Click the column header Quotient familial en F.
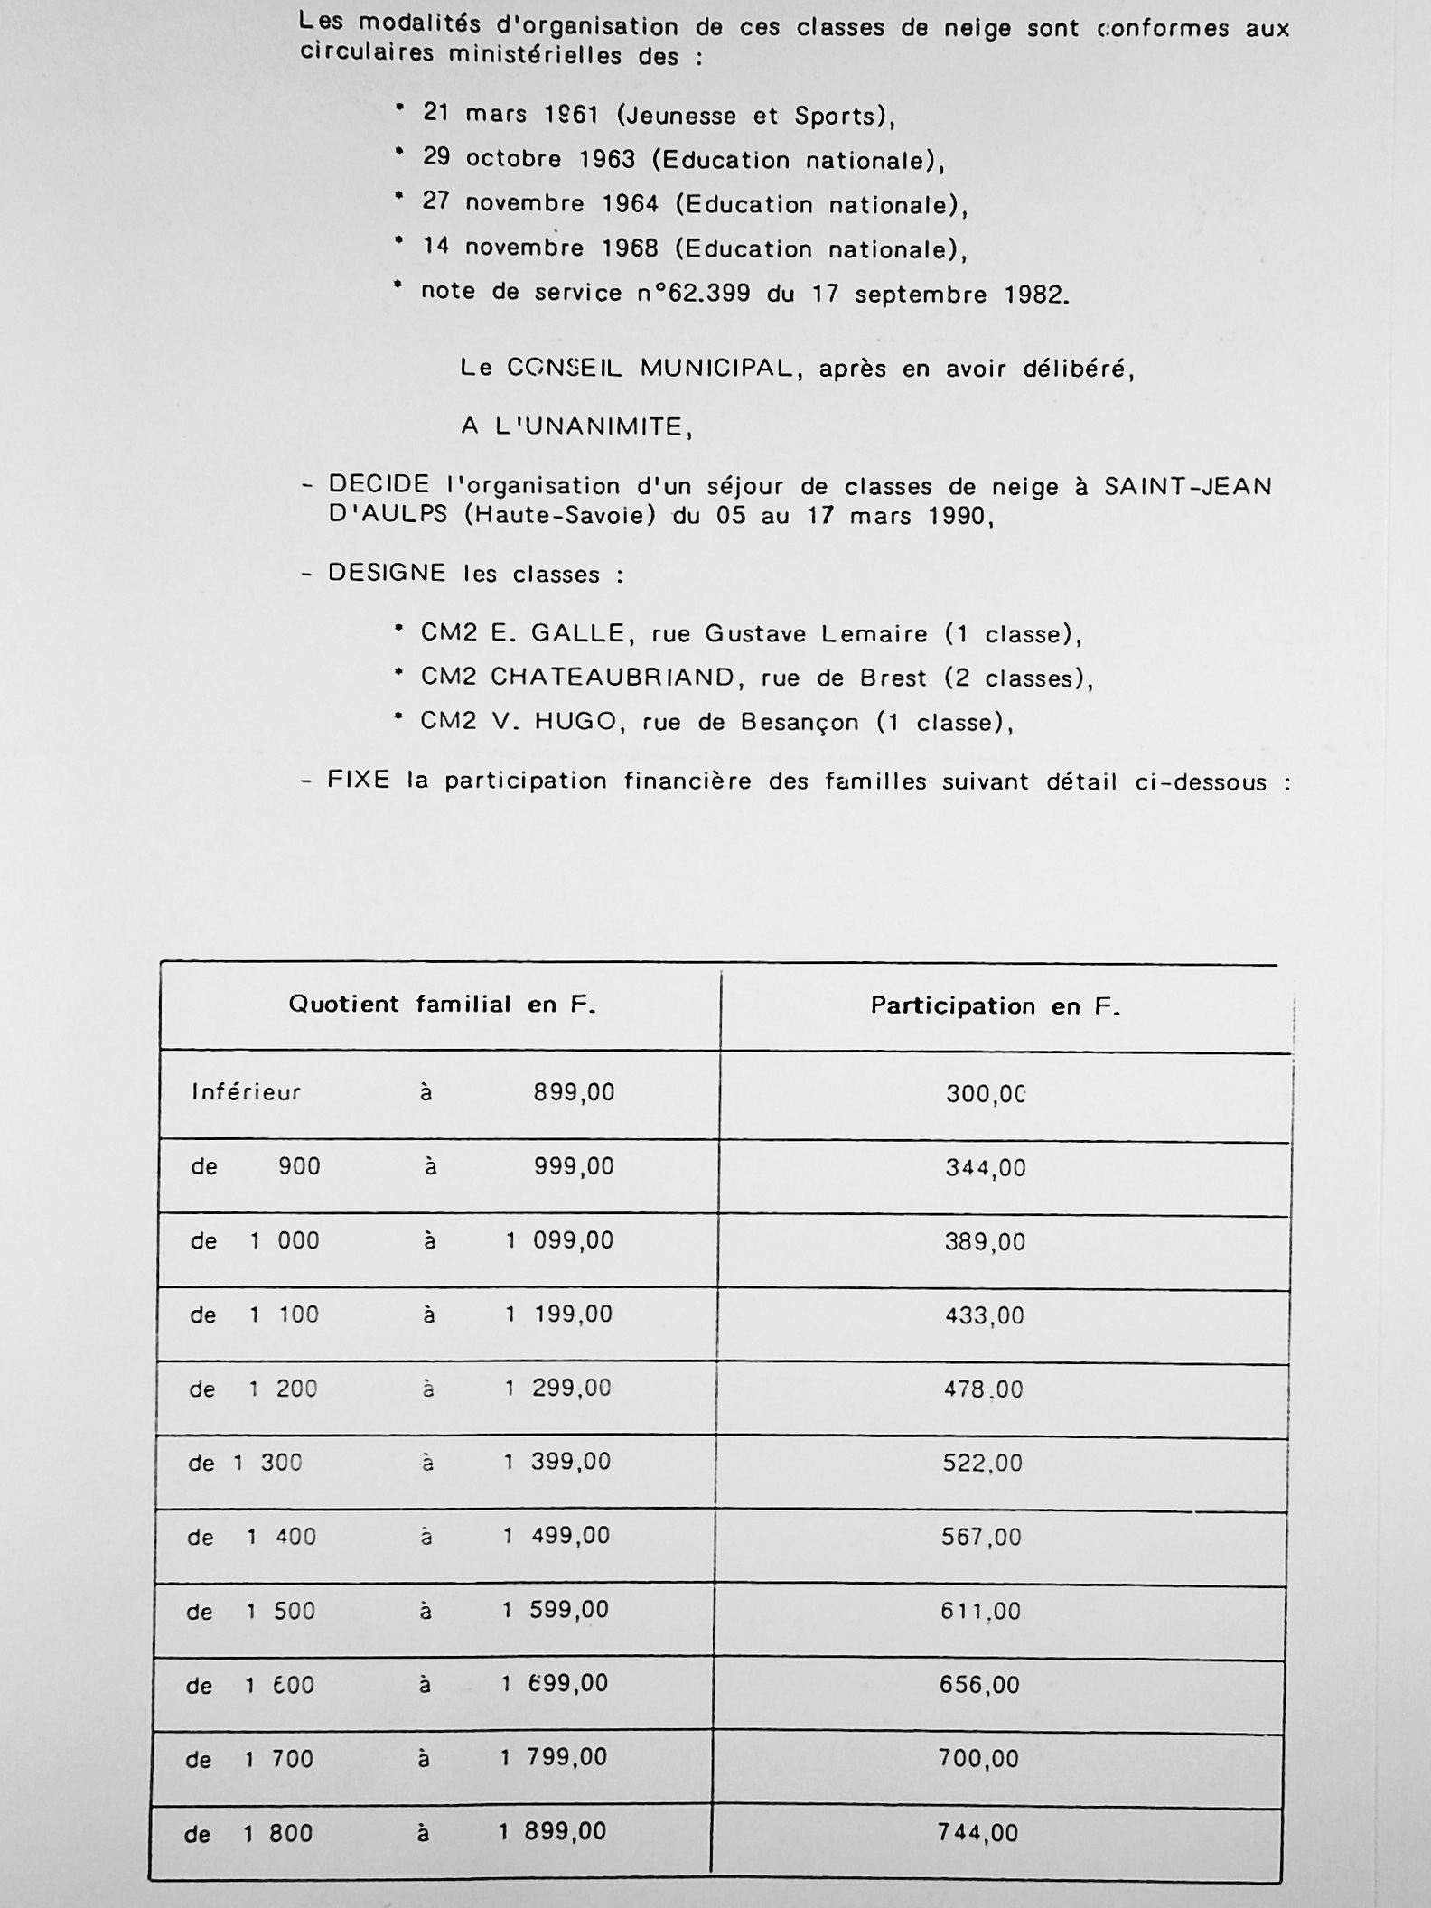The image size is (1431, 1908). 442,1005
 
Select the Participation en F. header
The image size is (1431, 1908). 995,1006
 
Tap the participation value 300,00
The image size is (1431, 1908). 986,1094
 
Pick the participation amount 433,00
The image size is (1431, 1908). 985,1315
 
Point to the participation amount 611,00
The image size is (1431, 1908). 980,1612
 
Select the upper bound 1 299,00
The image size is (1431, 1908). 557,1389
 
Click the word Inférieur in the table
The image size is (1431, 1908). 246,1092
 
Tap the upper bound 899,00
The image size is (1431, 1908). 574,1092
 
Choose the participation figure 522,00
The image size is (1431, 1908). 982,1464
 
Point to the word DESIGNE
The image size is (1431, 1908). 387,573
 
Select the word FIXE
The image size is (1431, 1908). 358,780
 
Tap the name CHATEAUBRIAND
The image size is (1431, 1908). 613,677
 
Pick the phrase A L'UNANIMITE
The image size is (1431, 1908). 576,426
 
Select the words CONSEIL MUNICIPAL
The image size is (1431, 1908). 649,369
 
